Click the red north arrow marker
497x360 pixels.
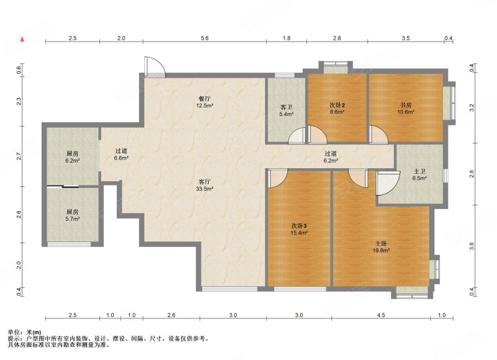point(22,39)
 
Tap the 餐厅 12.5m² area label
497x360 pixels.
point(204,102)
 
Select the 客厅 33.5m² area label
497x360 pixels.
point(204,185)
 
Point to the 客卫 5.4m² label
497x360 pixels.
point(286,111)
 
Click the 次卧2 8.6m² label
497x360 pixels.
point(337,108)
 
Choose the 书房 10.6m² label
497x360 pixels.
point(406,108)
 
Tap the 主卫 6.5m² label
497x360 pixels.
point(419,175)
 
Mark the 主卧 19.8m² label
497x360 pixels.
point(381,246)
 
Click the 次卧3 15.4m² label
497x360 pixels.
point(299,229)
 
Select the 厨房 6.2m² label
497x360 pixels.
point(72,157)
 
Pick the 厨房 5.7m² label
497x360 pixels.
point(72,215)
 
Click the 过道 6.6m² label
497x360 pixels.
point(121,155)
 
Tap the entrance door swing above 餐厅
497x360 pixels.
point(154,67)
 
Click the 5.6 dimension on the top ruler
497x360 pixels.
point(205,38)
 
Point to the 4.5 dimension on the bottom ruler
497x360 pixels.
point(381,315)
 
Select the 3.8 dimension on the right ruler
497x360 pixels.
point(472,246)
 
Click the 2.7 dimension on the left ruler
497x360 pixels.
point(19,156)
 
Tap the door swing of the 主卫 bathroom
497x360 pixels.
point(387,183)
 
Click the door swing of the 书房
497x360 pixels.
point(378,134)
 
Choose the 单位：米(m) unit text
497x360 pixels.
point(24,333)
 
